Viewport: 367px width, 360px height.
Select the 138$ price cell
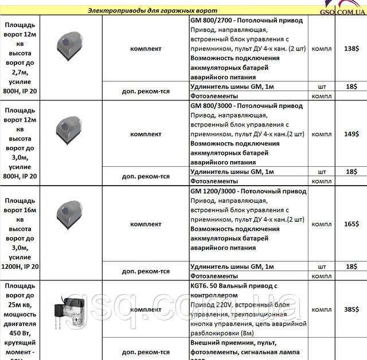tap(351, 49)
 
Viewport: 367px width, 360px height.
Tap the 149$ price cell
tap(351, 135)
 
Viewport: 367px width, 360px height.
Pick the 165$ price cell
tap(351, 224)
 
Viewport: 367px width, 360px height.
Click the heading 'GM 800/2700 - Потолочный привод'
tap(246, 19)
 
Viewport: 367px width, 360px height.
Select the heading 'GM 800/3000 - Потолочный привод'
tap(246, 106)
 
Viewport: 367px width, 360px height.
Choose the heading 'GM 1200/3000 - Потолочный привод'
tap(248, 191)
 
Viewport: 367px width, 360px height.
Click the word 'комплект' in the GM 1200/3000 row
tap(146, 224)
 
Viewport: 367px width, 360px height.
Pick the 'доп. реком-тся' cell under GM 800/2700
tap(146, 91)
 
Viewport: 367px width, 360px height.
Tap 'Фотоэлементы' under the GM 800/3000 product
tap(213, 181)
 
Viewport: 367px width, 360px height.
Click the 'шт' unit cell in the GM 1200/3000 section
tap(322, 267)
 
